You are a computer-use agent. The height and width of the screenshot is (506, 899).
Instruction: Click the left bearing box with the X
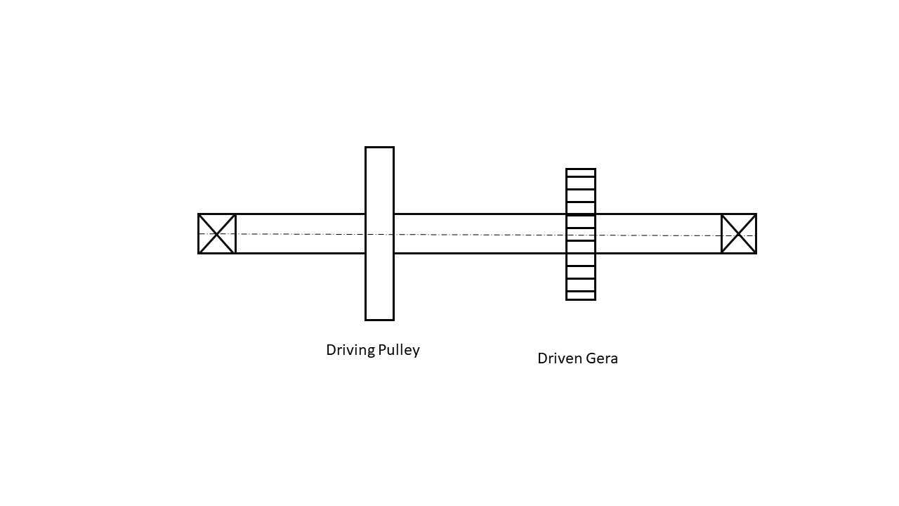[x=217, y=233]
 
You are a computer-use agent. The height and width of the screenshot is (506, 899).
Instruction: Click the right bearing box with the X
[x=739, y=234]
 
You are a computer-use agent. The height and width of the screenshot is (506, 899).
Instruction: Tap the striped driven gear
[x=581, y=234]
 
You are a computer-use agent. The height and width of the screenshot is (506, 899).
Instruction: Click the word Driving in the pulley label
[x=350, y=350]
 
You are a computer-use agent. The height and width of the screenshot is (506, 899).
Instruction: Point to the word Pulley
[x=399, y=350]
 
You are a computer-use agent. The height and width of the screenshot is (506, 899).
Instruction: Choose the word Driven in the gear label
[x=559, y=358]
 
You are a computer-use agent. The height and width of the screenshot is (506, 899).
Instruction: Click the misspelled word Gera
[x=602, y=358]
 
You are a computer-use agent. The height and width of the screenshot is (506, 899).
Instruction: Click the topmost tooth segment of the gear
[x=581, y=173]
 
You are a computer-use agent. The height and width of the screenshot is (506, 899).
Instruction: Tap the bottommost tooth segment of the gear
[x=581, y=296]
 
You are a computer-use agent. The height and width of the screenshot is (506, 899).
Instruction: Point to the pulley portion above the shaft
[x=379, y=180]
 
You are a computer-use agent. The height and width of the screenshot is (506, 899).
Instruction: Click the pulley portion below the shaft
[x=379, y=287]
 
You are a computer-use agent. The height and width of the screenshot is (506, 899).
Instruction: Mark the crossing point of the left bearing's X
[x=217, y=233]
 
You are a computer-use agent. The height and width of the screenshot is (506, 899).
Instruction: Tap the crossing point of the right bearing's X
[x=739, y=234]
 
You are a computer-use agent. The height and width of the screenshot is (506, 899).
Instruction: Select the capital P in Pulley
[x=382, y=349]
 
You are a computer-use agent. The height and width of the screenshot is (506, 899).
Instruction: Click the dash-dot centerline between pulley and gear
[x=480, y=234]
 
